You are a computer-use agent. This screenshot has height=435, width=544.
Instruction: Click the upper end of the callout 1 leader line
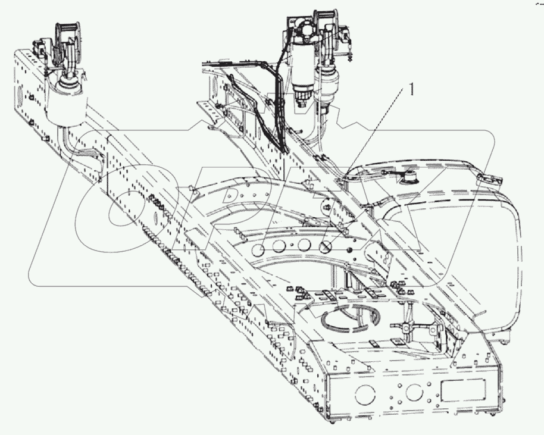[402, 97]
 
